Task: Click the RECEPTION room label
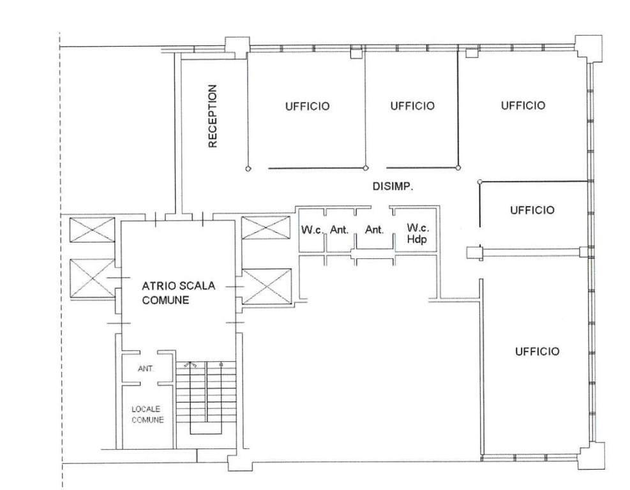pyautogui.click(x=213, y=116)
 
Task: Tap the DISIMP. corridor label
pyautogui.click(x=393, y=186)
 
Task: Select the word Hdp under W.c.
pyautogui.click(x=417, y=240)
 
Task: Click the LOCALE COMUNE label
pyautogui.click(x=147, y=415)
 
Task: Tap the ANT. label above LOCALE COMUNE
pyautogui.click(x=146, y=368)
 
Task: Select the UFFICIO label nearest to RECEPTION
pyautogui.click(x=308, y=107)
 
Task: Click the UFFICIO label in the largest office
pyautogui.click(x=537, y=352)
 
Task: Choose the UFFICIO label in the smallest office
pyautogui.click(x=532, y=210)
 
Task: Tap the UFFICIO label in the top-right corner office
pyautogui.click(x=523, y=106)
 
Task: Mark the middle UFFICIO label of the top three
pyautogui.click(x=412, y=106)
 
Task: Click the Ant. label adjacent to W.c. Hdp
pyautogui.click(x=375, y=230)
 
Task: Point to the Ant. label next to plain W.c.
pyautogui.click(x=339, y=230)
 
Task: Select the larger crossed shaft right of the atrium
pyautogui.click(x=266, y=286)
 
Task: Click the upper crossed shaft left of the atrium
pyautogui.click(x=92, y=230)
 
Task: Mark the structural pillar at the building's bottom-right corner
pyautogui.click(x=592, y=456)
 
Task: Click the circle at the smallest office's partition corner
pyautogui.click(x=479, y=182)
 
